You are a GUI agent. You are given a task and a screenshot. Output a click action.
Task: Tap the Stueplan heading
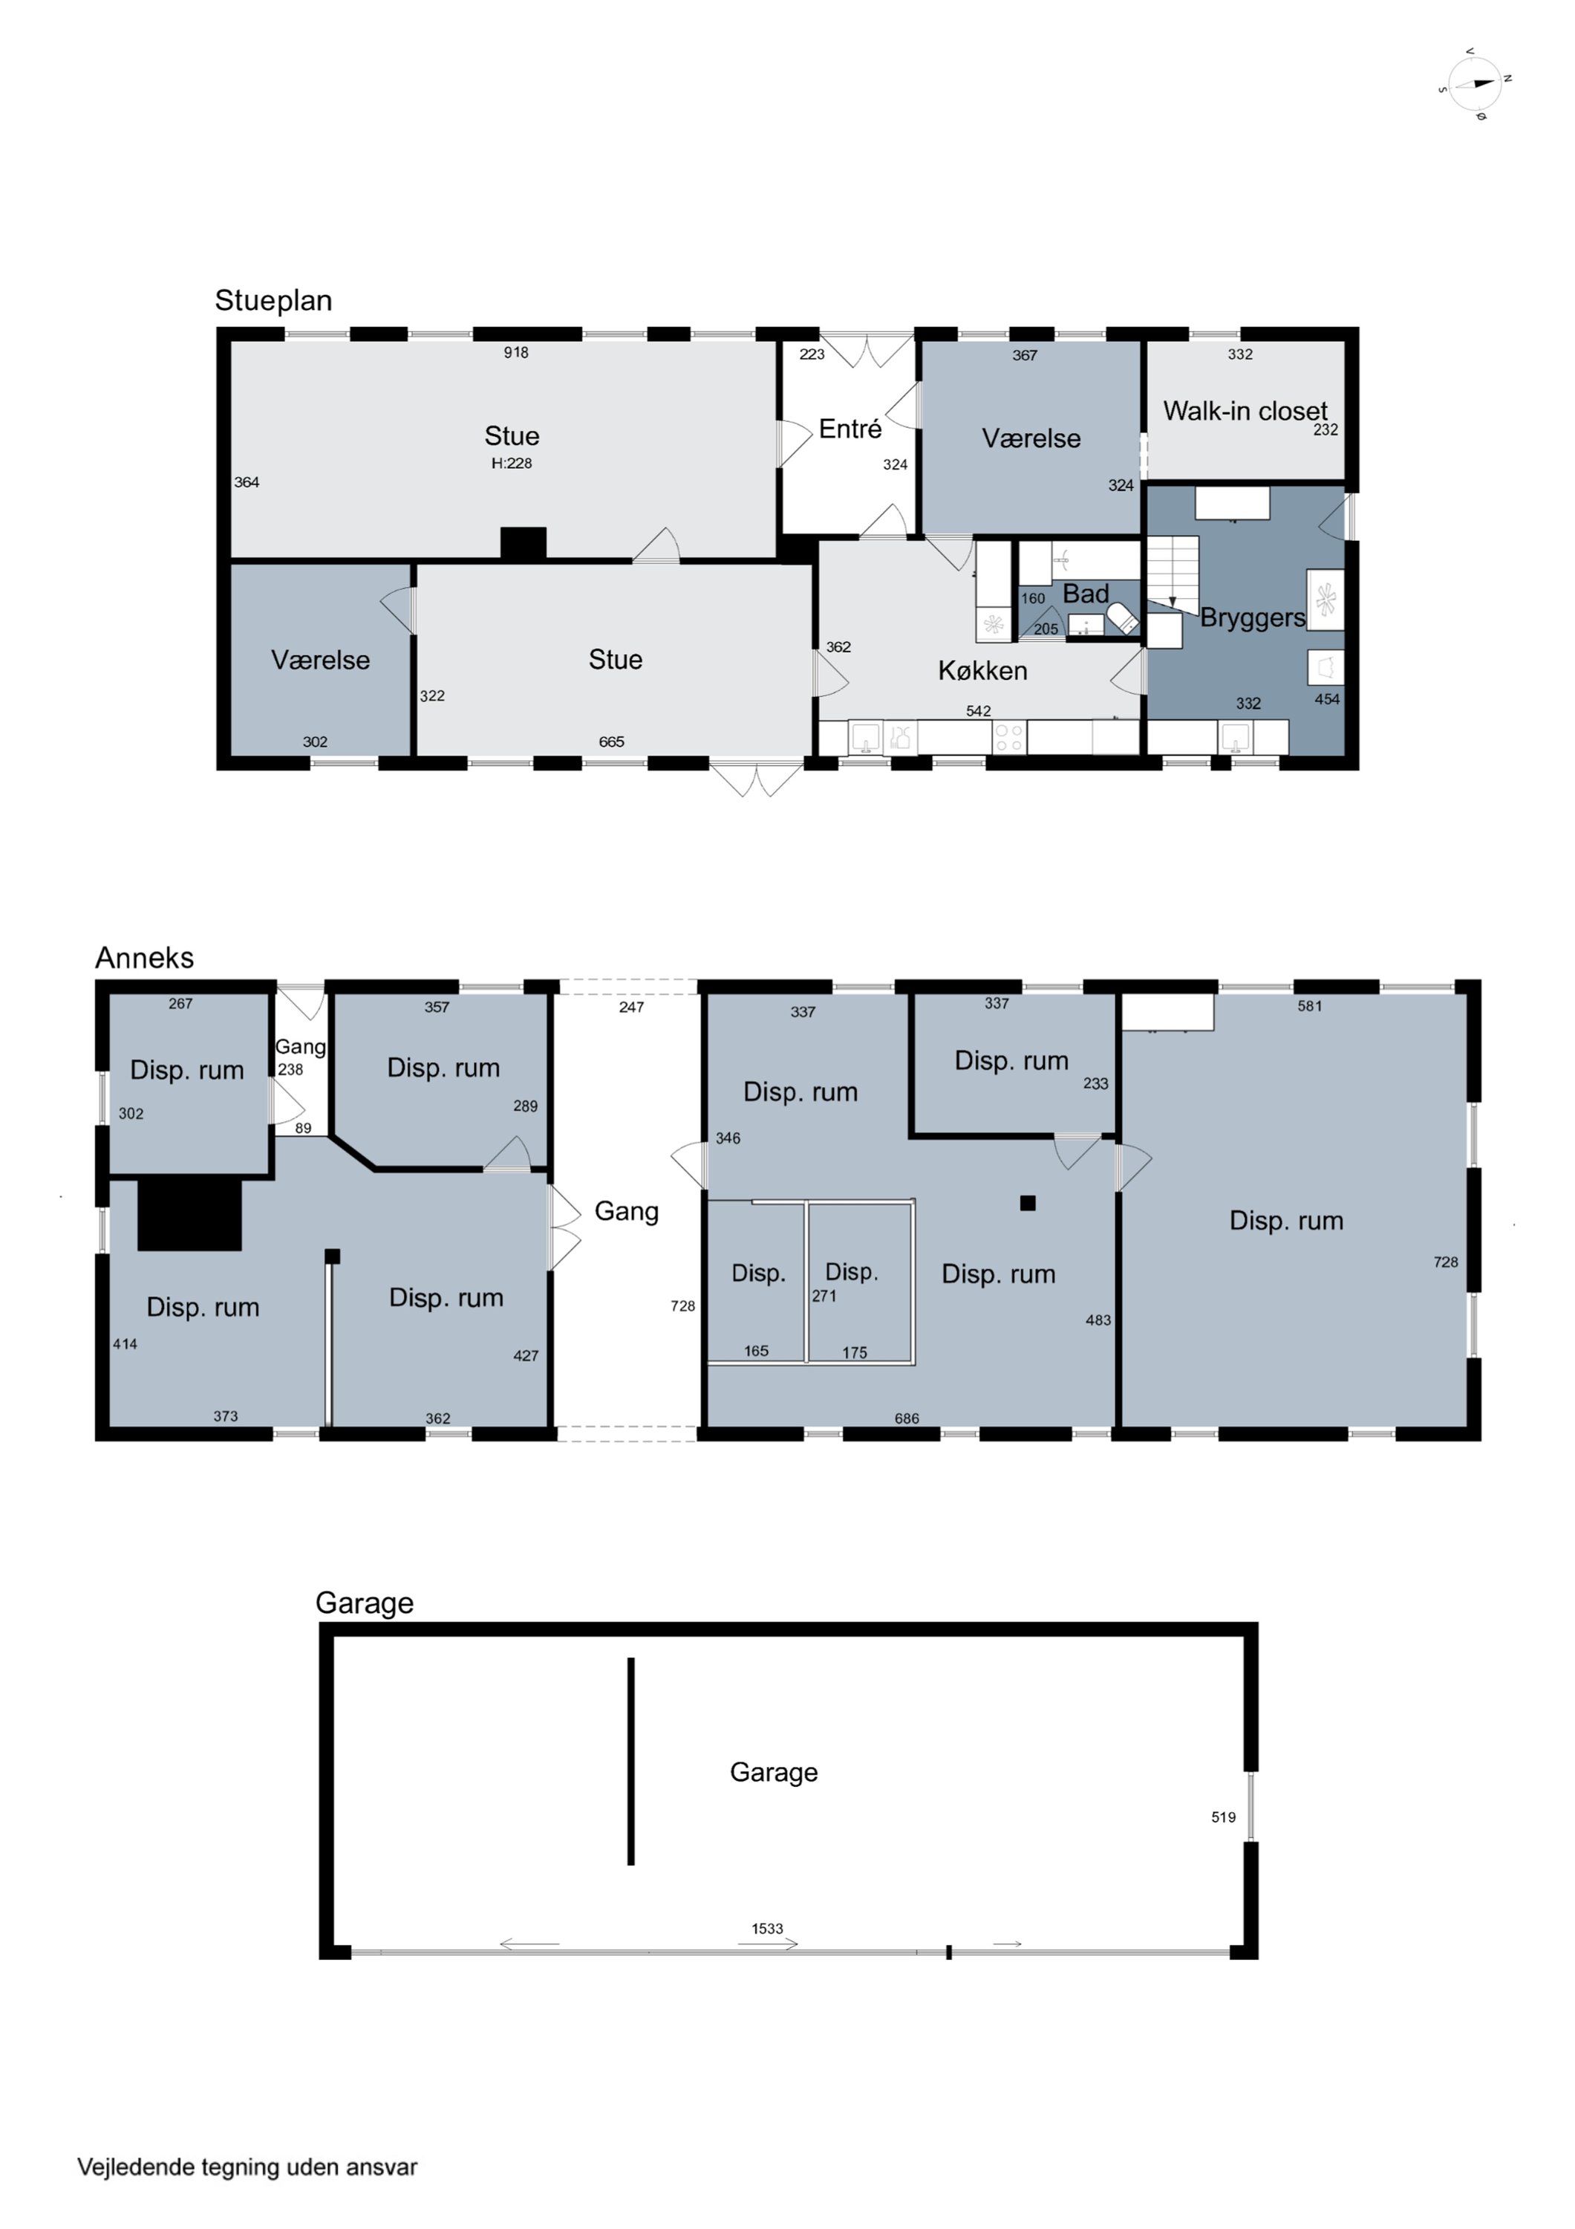274,301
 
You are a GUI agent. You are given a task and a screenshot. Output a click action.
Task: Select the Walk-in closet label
1245,411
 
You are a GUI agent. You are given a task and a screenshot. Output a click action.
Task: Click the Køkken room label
982,671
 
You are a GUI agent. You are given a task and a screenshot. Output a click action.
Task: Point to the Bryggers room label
1253,618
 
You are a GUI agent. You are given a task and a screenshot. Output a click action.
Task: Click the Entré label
850,429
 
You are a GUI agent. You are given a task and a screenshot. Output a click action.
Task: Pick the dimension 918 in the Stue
516,352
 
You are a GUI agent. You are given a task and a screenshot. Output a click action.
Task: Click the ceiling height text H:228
512,463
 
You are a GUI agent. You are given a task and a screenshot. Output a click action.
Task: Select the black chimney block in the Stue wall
523,544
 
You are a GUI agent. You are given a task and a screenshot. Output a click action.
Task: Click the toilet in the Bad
1123,617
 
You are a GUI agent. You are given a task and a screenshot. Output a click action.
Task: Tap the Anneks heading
145,958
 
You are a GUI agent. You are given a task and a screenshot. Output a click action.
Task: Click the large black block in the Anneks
189,1215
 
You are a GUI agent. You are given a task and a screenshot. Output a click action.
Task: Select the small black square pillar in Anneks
1028,1203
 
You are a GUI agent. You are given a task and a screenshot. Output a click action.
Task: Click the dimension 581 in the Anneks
1310,1006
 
